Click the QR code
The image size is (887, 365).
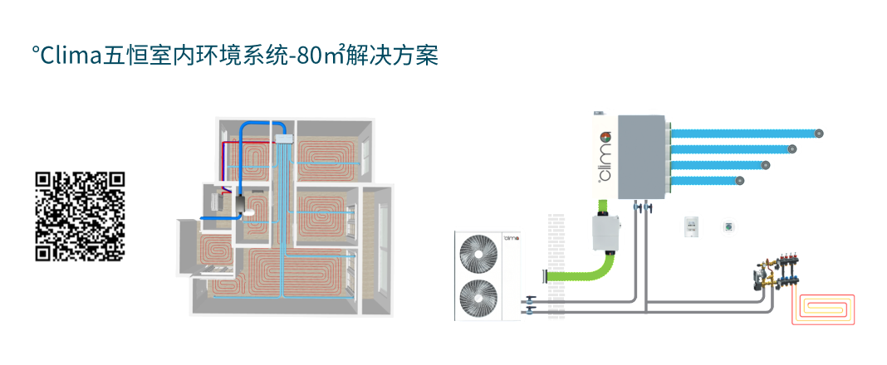80,217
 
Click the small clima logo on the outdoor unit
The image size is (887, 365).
512,239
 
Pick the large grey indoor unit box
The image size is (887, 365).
641,157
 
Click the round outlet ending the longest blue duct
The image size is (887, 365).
819,134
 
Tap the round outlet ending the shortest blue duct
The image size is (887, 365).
739,181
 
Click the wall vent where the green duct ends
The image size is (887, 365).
546,276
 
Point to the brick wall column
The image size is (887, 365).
556,266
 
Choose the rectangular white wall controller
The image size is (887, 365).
690,226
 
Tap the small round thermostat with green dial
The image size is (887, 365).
728,227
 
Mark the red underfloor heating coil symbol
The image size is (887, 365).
823,309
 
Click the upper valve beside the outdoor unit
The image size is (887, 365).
530,299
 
